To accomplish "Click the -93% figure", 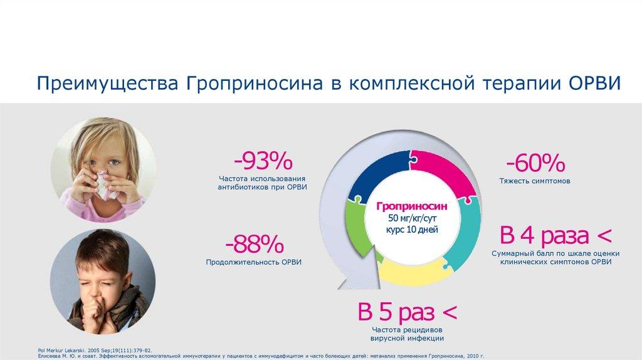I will coord(263,162).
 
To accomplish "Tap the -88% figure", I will coord(255,245).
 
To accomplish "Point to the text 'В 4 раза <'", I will coord(555,236).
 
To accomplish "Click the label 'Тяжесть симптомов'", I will coord(535,181).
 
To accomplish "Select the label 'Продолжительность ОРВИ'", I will coord(254,262).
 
